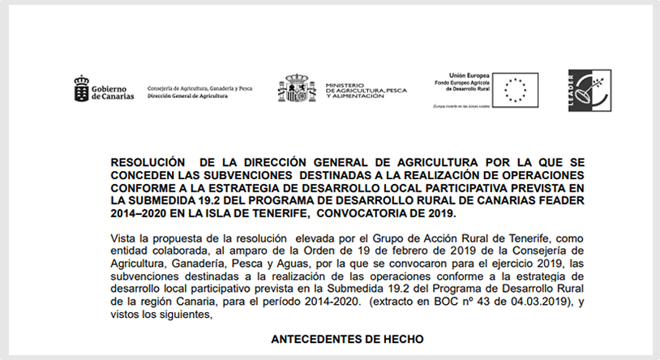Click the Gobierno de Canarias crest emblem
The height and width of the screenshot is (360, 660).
[81, 87]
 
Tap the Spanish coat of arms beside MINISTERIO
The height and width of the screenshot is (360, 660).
[297, 88]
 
